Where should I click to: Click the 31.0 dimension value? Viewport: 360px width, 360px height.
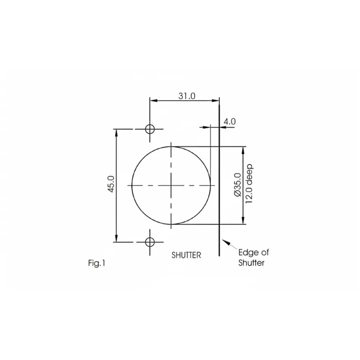pyautogui.click(x=187, y=96)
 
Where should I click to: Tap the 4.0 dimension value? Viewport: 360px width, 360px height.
pyautogui.click(x=229, y=122)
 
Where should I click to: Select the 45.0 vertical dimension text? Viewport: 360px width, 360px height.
pyautogui.click(x=111, y=184)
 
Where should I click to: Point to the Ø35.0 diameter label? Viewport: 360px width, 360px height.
pyautogui.click(x=237, y=185)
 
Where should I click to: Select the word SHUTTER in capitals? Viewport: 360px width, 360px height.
pyautogui.click(x=186, y=255)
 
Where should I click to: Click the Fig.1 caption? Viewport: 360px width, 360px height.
pyautogui.click(x=96, y=264)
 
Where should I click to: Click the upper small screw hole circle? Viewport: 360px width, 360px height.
pyautogui.click(x=150, y=129)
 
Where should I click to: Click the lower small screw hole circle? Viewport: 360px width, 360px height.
pyautogui.click(x=150, y=242)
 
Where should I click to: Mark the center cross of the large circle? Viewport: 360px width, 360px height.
pyautogui.click(x=171, y=185)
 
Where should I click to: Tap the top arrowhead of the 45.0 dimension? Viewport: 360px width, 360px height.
pyautogui.click(x=116, y=132)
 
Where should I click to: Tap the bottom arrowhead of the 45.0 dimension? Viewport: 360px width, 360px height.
pyautogui.click(x=116, y=238)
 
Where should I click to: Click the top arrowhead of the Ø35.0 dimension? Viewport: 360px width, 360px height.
pyautogui.click(x=244, y=149)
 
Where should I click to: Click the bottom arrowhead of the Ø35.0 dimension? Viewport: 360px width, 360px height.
pyautogui.click(x=244, y=221)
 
